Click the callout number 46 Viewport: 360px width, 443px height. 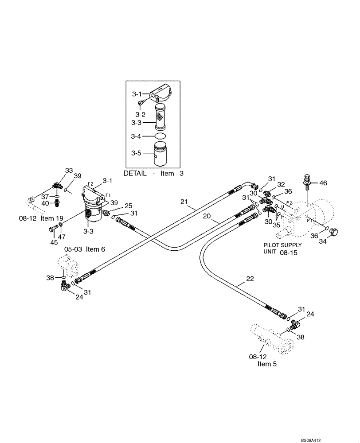click(x=323, y=183)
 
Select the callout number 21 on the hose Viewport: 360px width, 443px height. click(x=184, y=202)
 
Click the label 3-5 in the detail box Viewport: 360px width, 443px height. click(x=136, y=153)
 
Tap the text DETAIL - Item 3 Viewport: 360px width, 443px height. click(x=153, y=174)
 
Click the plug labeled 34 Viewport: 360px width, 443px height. click(x=334, y=231)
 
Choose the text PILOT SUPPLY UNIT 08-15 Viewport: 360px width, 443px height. click(x=282, y=248)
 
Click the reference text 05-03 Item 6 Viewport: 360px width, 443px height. click(x=84, y=249)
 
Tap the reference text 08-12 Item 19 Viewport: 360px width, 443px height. click(x=41, y=218)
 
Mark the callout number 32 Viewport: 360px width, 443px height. click(x=281, y=184)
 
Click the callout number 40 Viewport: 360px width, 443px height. click(x=46, y=203)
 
